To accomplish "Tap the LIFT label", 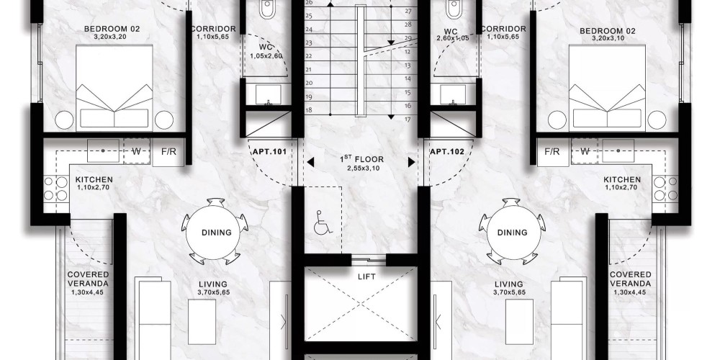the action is pyautogui.click(x=366, y=277).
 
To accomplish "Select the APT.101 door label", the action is pyautogui.click(x=270, y=151).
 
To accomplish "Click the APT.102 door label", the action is pyautogui.click(x=447, y=151).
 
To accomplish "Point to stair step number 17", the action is pyautogui.click(x=408, y=120).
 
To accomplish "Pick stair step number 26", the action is pyautogui.click(x=309, y=3).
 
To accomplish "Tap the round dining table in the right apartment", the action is pyautogui.click(x=513, y=232).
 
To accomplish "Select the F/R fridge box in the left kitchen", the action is pyautogui.click(x=168, y=152).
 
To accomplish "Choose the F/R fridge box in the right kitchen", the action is pyautogui.click(x=552, y=152).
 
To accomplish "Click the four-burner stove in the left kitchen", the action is pyautogui.click(x=56, y=189).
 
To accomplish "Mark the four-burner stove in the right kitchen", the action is pyautogui.click(x=665, y=189).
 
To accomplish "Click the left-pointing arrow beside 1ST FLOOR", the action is pyautogui.click(x=311, y=162).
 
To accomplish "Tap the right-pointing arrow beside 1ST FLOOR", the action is pyautogui.click(x=411, y=162).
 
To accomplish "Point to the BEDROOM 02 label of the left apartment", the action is pyautogui.click(x=112, y=30).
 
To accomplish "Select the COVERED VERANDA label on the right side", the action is pyautogui.click(x=631, y=279).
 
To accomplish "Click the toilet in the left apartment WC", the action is pyautogui.click(x=267, y=9).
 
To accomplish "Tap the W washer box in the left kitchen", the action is pyautogui.click(x=136, y=151).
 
